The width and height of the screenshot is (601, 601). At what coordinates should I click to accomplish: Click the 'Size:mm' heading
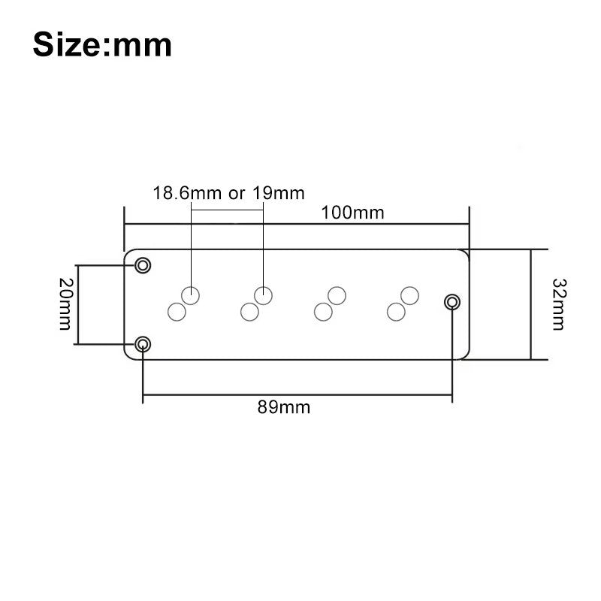click(x=102, y=45)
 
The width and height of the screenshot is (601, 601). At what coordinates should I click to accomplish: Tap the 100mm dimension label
click(x=352, y=213)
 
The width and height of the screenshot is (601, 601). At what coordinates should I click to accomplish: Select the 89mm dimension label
click(x=284, y=407)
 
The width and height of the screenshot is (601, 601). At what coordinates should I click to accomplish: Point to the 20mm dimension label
click(x=65, y=304)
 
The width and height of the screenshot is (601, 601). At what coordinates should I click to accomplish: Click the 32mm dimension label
click(x=559, y=304)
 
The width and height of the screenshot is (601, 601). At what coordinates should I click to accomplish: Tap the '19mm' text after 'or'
click(x=278, y=193)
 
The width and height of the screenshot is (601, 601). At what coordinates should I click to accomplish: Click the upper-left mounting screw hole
click(x=143, y=265)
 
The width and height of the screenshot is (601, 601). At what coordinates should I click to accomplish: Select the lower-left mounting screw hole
click(x=143, y=344)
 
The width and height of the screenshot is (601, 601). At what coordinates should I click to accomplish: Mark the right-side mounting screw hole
click(x=452, y=303)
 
